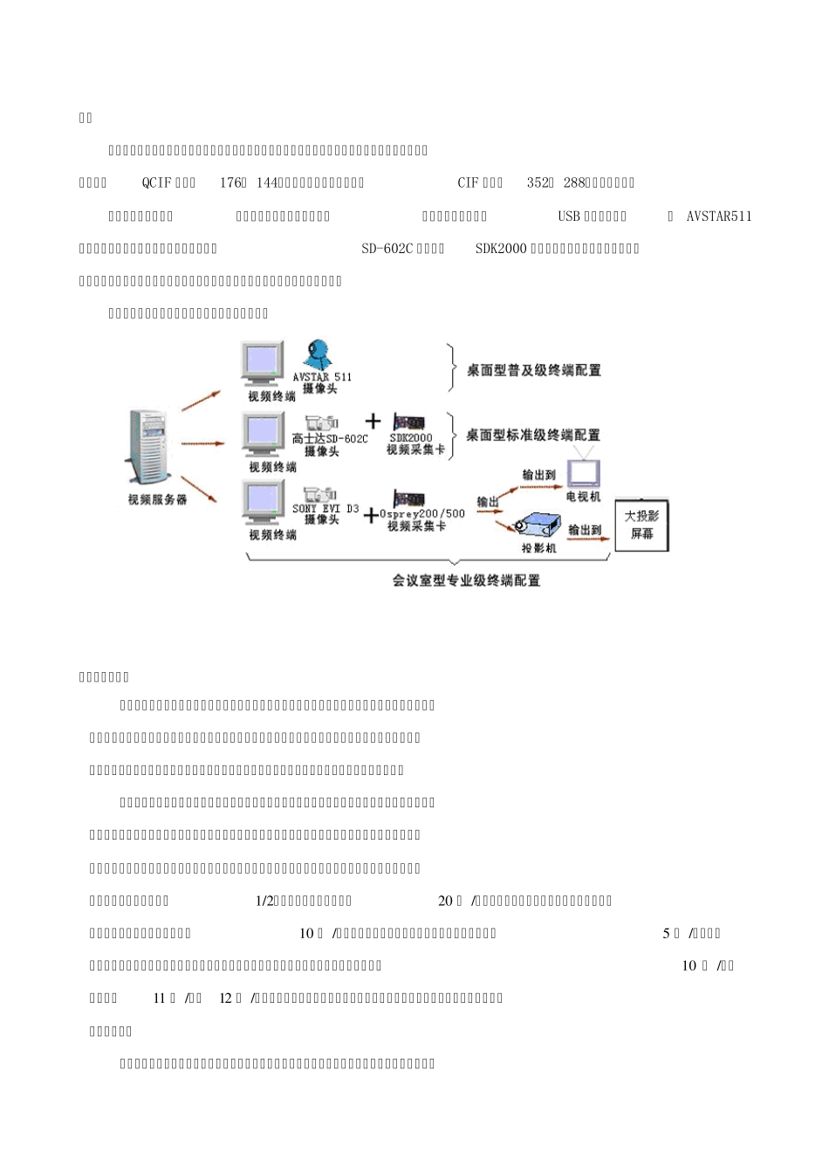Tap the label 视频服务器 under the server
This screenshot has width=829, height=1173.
157,500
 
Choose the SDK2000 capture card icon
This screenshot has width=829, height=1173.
409,422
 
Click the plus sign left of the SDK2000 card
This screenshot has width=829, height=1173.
373,422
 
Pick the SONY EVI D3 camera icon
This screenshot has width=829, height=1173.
320,493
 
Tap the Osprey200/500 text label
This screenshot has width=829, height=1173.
422,513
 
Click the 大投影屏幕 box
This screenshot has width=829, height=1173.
641,525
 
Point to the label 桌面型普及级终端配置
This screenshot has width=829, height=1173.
533,370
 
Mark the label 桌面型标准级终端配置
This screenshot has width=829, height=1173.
532,435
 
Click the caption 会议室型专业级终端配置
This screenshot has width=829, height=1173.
466,580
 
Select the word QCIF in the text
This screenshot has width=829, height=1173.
157,182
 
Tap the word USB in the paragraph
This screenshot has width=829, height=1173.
569,216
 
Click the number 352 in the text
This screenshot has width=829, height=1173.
537,182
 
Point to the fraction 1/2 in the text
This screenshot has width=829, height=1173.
264,901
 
